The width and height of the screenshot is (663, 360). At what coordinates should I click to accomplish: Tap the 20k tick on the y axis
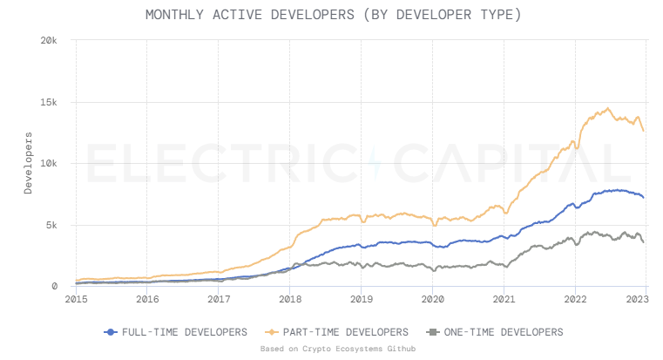pyautogui.click(x=49, y=41)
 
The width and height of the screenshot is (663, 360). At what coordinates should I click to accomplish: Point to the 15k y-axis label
pyautogui.click(x=49, y=102)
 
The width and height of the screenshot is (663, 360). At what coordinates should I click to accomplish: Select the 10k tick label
pyautogui.click(x=49, y=164)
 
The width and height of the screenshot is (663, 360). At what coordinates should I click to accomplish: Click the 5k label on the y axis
pyautogui.click(x=51, y=225)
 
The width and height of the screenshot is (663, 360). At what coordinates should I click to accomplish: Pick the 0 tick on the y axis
pyautogui.click(x=55, y=286)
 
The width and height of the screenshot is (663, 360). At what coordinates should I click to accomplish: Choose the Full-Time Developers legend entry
pyautogui.click(x=175, y=332)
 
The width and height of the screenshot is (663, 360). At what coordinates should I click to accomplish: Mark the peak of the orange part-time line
pyautogui.click(x=607, y=109)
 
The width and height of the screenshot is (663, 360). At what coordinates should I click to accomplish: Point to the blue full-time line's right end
pyautogui.click(x=644, y=198)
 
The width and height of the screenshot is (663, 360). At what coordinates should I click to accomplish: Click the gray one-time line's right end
pyautogui.click(x=644, y=242)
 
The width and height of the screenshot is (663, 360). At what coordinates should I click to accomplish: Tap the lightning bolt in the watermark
pyautogui.click(x=375, y=164)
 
